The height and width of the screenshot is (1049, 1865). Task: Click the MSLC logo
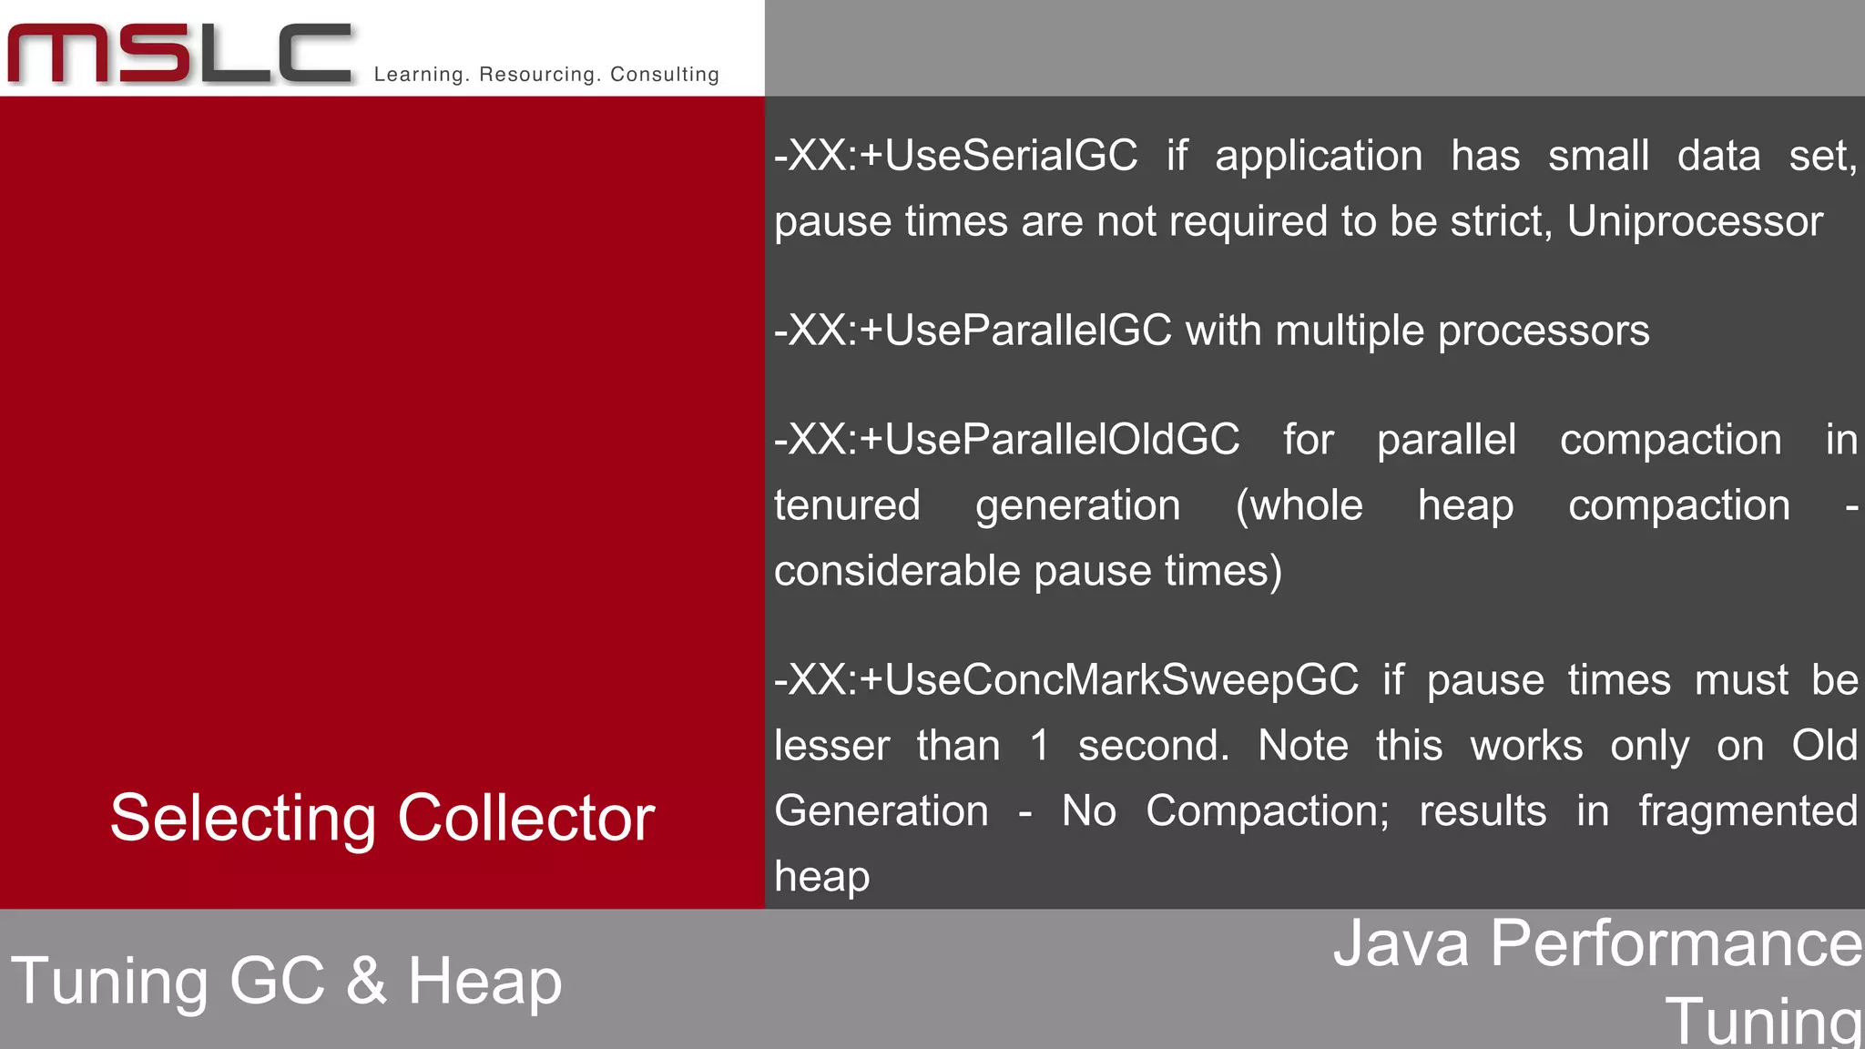pos(180,55)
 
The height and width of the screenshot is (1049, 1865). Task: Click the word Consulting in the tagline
pos(665,75)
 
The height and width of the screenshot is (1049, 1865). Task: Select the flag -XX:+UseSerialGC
pos(955,156)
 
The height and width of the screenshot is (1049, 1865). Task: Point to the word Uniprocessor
pos(1695,221)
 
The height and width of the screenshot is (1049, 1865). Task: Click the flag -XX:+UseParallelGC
pos(973,331)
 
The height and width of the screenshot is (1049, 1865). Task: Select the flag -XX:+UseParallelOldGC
pos(1006,440)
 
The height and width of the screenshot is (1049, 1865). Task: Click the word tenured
pos(847,505)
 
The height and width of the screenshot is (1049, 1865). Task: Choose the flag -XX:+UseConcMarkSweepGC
pos(1066,680)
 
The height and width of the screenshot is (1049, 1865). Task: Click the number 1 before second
pos(1040,746)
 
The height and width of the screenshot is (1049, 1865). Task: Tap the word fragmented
pos(1748,811)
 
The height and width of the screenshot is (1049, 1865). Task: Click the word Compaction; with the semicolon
pos(1268,811)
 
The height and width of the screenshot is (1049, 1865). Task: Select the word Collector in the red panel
pos(526,818)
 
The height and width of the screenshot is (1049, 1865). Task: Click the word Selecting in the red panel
pos(243,818)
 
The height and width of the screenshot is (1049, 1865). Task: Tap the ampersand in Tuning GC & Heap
pos(366,982)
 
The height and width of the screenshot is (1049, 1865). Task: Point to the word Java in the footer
pos(1401,943)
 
